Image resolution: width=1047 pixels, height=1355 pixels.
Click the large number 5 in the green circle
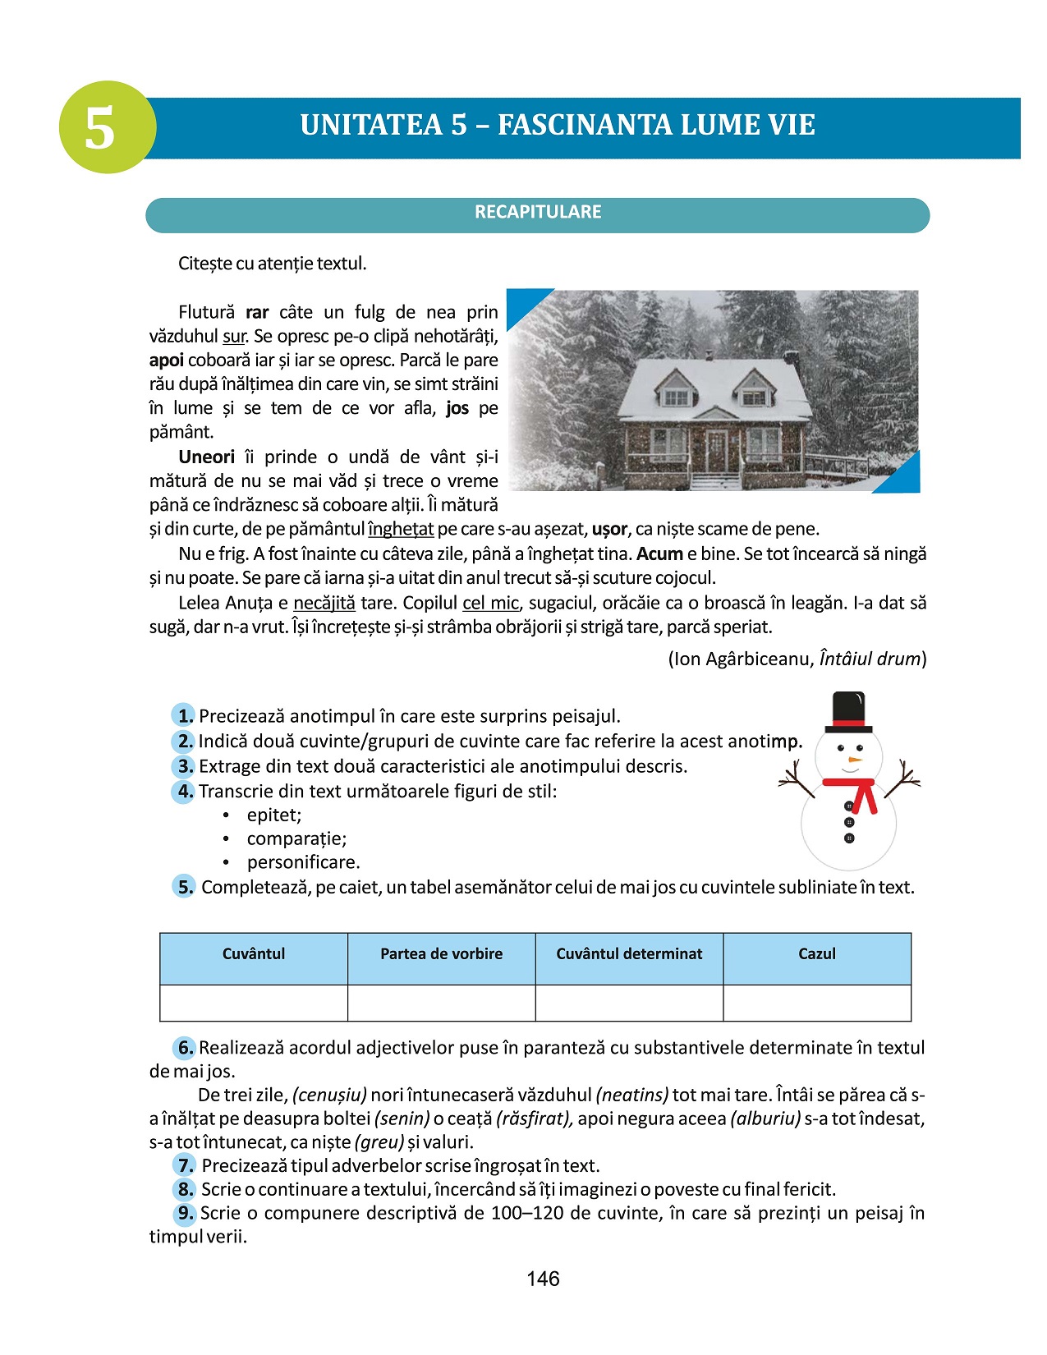[100, 129]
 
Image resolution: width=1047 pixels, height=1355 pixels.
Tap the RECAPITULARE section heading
[538, 212]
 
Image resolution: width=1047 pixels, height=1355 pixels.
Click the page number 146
[543, 1279]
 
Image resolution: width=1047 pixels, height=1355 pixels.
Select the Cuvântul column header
[254, 954]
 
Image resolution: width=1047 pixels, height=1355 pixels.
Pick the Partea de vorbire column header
[441, 954]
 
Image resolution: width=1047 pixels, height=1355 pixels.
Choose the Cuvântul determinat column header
[629, 954]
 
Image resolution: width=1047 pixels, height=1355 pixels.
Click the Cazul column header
[817, 954]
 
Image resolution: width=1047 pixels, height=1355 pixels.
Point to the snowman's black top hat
[848, 711]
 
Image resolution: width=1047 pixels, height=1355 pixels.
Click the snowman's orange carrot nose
[855, 760]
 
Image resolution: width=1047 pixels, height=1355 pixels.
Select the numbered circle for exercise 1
[183, 715]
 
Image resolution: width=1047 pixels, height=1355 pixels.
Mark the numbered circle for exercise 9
[185, 1213]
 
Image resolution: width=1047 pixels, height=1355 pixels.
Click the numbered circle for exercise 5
[184, 887]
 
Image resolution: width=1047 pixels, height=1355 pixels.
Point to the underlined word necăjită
[324, 603]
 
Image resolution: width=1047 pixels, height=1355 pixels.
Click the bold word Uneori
[206, 457]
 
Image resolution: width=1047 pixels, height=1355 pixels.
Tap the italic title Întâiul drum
[870, 659]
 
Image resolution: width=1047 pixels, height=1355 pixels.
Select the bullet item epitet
[274, 815]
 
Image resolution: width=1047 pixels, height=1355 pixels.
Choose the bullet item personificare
[303, 862]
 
